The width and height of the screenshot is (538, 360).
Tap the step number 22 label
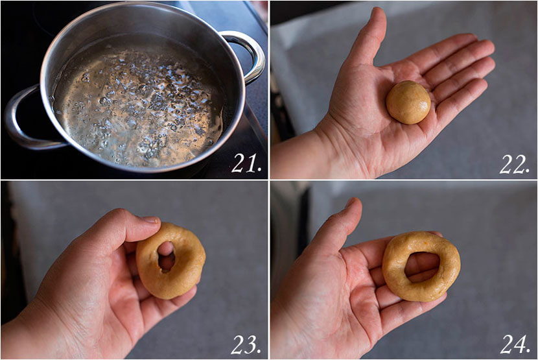[514, 164]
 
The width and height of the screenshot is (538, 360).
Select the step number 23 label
[246, 344]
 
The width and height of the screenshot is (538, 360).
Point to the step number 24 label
[515, 344]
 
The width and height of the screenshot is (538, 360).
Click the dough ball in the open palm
[408, 102]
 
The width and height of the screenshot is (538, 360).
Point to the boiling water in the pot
[137, 103]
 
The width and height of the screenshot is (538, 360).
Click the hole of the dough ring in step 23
[167, 257]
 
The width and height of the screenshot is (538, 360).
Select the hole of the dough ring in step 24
[422, 268]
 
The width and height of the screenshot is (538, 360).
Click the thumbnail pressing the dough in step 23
[150, 219]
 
